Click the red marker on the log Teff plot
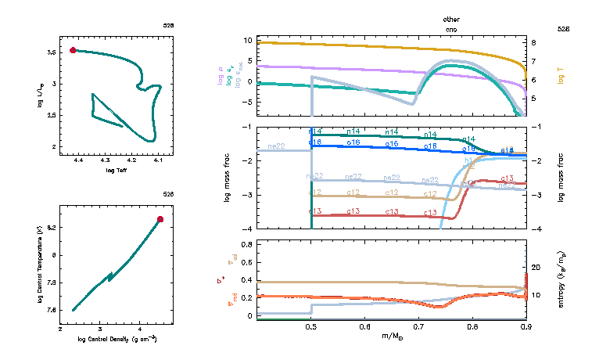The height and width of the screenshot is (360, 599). pos(74,50)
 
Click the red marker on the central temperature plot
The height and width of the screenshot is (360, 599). pos(160,219)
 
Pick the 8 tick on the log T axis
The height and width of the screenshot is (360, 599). pos(533,43)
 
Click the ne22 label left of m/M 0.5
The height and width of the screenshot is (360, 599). pos(276,146)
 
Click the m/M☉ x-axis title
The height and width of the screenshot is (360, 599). pos(391,337)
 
